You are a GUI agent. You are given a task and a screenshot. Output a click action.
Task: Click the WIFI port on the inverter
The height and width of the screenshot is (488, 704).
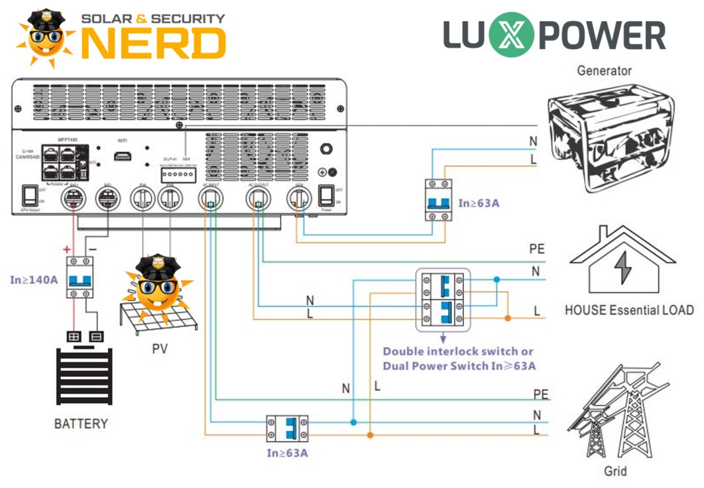click(x=122, y=156)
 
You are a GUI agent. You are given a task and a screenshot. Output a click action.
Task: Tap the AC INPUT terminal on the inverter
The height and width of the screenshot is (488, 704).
click(x=210, y=197)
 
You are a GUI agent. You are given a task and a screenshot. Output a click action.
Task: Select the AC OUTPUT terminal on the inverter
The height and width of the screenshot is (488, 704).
click(x=257, y=197)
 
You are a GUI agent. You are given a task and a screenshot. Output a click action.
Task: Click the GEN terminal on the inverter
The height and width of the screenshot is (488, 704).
click(x=299, y=197)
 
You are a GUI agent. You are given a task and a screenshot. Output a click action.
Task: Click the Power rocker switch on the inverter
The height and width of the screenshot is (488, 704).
click(x=325, y=195)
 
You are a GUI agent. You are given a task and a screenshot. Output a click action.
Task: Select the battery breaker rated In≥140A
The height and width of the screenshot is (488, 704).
click(x=80, y=277)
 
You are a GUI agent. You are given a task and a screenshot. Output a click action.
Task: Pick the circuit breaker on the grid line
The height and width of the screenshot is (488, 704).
click(x=287, y=429)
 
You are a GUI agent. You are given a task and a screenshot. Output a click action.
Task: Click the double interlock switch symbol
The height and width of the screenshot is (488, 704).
click(x=442, y=299)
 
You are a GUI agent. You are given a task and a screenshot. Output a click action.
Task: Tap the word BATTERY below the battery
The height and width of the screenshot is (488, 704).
click(x=81, y=424)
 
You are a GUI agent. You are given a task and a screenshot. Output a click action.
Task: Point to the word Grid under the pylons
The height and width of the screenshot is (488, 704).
click(x=615, y=471)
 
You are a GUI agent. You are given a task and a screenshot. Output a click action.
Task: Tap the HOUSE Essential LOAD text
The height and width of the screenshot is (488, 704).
click(x=628, y=310)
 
